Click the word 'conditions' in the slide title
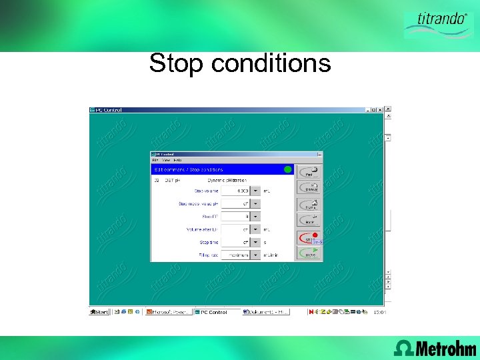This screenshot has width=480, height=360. tap(270, 64)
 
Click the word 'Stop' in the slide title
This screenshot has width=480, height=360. tap(176, 64)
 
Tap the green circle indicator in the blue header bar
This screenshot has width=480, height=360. tap(288, 169)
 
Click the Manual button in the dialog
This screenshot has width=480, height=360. tap(310, 187)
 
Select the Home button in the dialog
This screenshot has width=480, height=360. tap(310, 204)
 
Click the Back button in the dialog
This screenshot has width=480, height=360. tap(310, 220)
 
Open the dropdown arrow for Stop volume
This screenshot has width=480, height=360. tap(255, 191)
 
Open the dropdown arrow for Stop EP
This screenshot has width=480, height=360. tap(255, 217)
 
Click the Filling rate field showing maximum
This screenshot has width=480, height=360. tap(236, 255)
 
